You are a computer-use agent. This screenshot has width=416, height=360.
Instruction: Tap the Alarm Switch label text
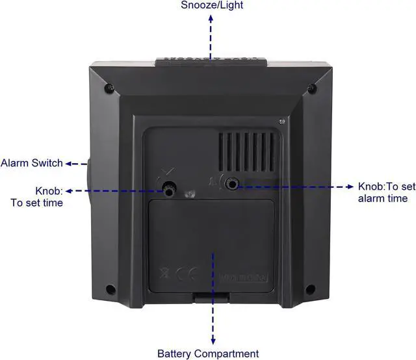point(32,162)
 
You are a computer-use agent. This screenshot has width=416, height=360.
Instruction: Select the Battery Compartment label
point(208,354)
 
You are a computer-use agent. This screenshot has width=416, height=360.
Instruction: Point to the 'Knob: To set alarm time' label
point(386,192)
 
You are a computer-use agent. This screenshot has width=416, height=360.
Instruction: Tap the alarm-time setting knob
point(231,185)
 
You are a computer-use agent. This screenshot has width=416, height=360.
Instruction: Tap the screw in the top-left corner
point(110,87)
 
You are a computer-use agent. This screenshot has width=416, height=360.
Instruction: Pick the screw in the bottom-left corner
point(110,289)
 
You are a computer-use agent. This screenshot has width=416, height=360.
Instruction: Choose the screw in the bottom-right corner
point(310,289)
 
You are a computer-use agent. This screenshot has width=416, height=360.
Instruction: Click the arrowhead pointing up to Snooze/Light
point(210,18)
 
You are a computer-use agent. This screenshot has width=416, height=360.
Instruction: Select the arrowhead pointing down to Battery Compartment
point(213,341)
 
